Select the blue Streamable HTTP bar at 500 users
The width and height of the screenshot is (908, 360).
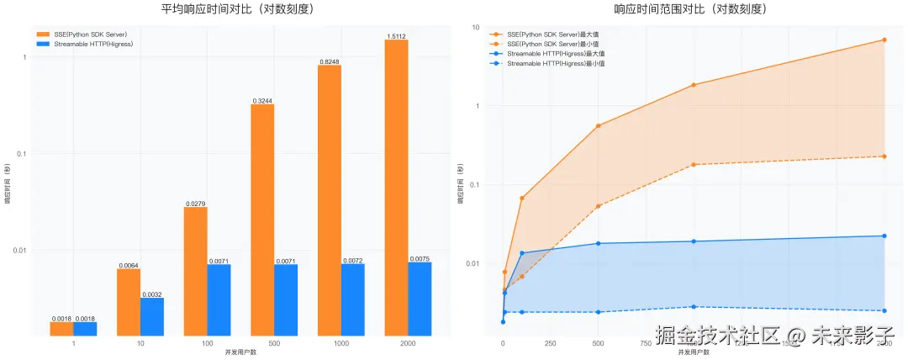pyautogui.click(x=286, y=300)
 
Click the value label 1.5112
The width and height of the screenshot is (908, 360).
pyautogui.click(x=397, y=36)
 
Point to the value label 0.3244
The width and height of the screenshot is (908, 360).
pyautogui.click(x=262, y=101)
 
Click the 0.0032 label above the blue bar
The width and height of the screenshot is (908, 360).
pyautogui.click(x=151, y=294)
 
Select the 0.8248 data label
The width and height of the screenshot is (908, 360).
pyautogui.click(x=330, y=62)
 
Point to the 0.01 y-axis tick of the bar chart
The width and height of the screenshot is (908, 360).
pyautogui.click(x=20, y=251)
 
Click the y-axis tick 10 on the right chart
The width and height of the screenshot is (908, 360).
pyautogui.click(x=476, y=28)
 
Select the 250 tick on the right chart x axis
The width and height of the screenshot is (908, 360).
pyautogui.click(x=550, y=343)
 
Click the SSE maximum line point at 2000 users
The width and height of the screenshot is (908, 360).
pyautogui.click(x=884, y=40)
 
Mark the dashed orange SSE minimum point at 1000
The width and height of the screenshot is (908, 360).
pyautogui.click(x=693, y=165)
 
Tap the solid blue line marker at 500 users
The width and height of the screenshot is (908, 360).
pyautogui.click(x=598, y=244)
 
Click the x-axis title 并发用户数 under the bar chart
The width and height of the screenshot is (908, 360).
pyautogui.click(x=240, y=352)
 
